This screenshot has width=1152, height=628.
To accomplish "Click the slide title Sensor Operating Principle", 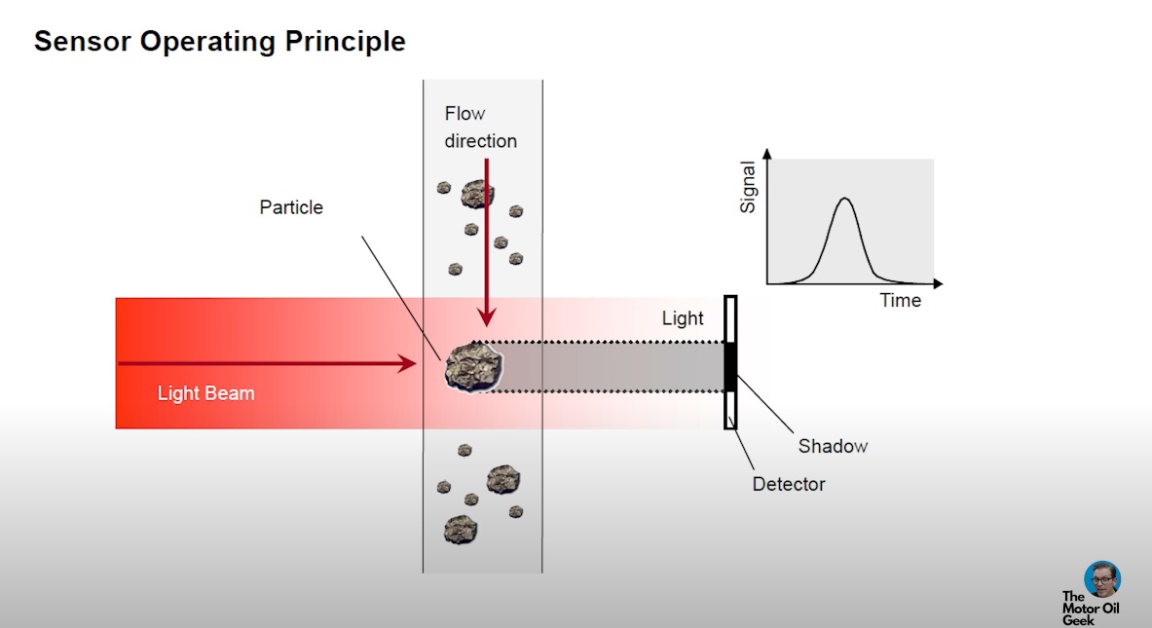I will click(219, 42).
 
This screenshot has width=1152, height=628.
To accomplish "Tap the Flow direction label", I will click(480, 128).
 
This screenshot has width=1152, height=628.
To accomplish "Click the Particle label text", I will click(291, 207).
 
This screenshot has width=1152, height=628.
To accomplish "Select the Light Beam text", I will click(205, 393).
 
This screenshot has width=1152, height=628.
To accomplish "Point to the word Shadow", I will click(833, 446).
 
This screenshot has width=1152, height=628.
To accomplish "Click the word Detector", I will click(789, 484).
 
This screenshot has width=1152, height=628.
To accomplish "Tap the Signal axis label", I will click(748, 187).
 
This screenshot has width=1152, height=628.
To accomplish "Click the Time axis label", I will click(900, 300).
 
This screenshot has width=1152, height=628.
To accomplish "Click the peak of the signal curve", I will click(844, 200).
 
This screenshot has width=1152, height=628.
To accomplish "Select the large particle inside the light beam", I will click(475, 366).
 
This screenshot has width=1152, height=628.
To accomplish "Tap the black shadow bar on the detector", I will click(730, 366).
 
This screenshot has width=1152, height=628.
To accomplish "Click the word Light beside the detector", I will click(683, 318).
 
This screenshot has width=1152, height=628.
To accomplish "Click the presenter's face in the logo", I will click(1101, 578).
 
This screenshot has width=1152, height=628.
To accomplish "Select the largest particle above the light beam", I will click(477, 193).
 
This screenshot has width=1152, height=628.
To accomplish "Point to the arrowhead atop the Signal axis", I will click(767, 153).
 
